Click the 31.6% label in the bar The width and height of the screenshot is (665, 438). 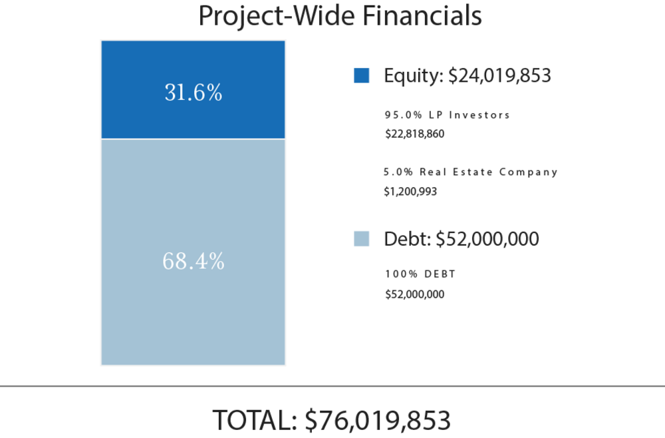[x=193, y=93]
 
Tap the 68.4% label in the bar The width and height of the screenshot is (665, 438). [x=193, y=261]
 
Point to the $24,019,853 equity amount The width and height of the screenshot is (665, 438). [x=499, y=76]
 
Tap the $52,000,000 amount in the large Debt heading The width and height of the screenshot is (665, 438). [x=487, y=240]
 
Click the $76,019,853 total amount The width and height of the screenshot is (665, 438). [x=378, y=420]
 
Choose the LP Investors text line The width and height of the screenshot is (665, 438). [x=447, y=114]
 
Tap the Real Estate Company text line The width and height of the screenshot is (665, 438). [x=470, y=172]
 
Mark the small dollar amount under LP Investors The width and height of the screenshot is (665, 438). [x=414, y=134]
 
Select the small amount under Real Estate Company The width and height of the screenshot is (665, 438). [x=410, y=191]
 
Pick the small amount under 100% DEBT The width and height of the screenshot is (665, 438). [x=414, y=294]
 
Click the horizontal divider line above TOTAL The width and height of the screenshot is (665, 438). [x=332, y=385]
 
